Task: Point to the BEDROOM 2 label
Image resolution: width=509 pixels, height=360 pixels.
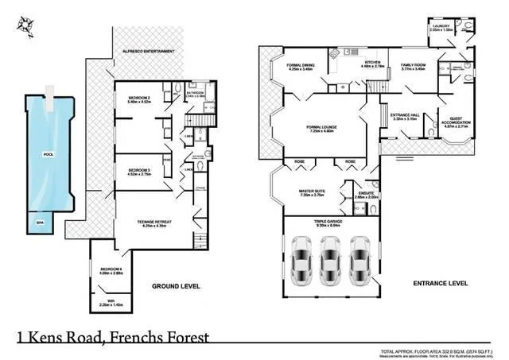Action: [140, 98]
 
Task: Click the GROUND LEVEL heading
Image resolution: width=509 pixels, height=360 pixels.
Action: [176, 285]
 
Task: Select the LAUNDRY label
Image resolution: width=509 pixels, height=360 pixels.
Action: [441, 26]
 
